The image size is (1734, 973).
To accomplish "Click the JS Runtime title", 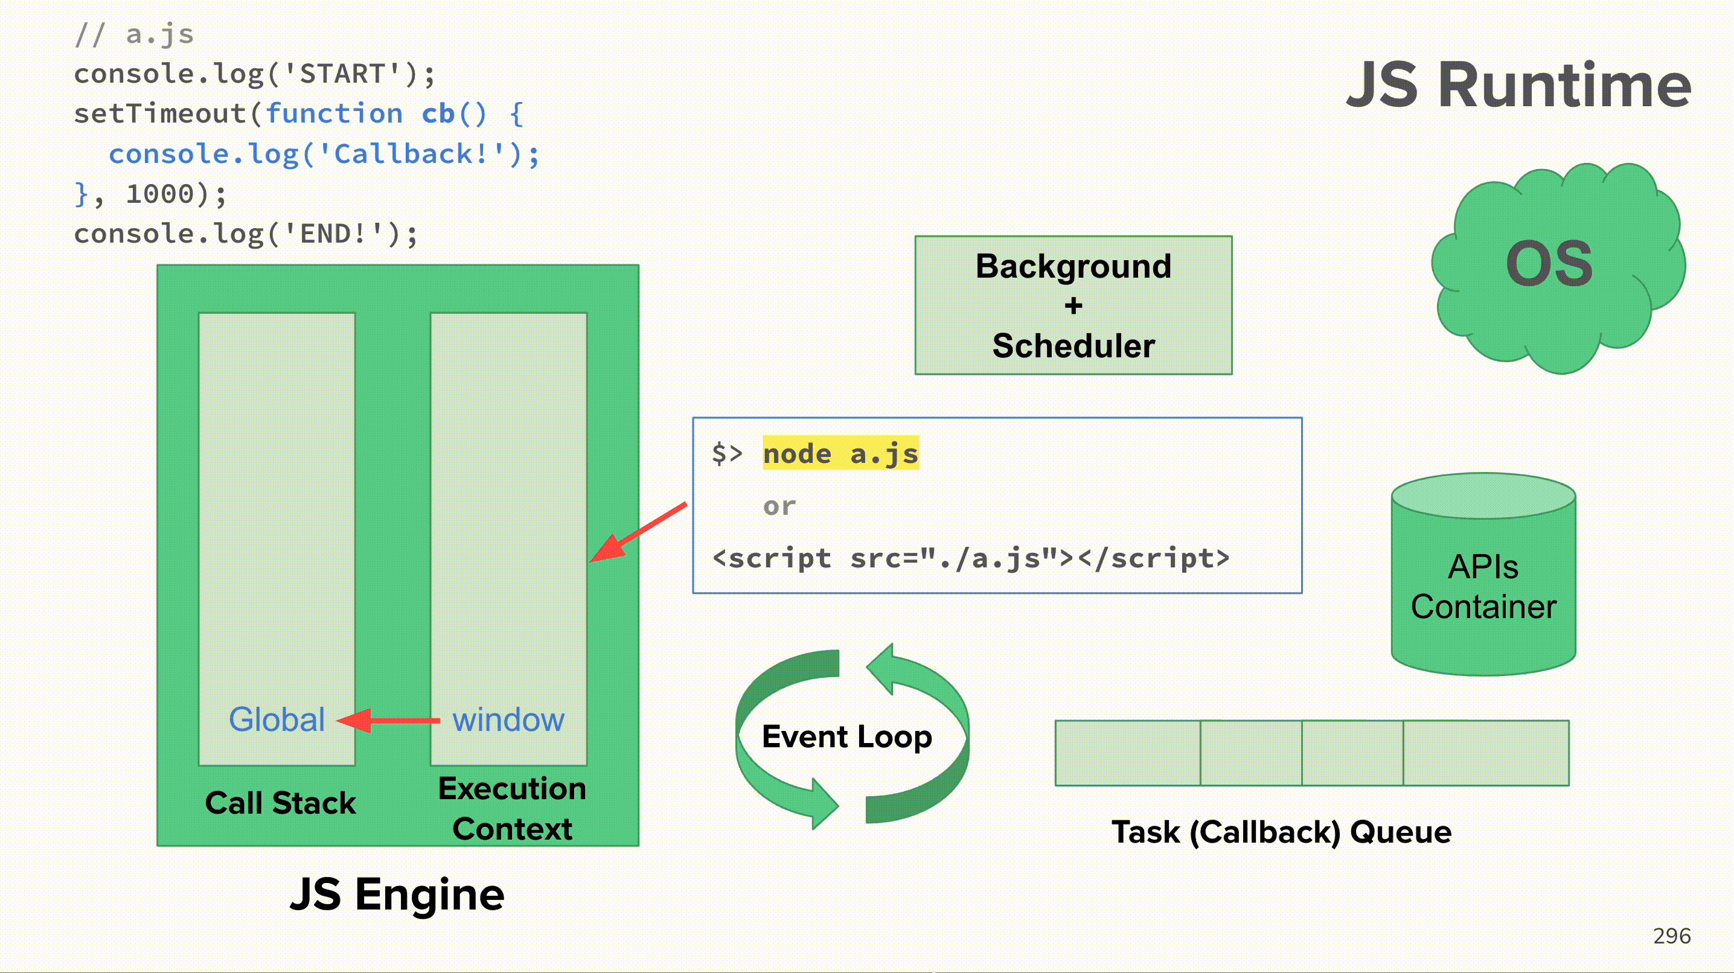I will coord(1518,86).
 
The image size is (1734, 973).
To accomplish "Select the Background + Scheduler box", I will coord(1073,305).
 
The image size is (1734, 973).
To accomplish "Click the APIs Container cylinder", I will coord(1483,585).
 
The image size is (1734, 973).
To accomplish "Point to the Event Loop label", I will coord(846,737).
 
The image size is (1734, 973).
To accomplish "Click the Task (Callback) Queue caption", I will coord(1281,832).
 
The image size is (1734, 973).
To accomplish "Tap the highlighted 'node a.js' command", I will coord(840,453).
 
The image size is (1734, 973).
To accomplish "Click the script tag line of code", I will coord(971,558).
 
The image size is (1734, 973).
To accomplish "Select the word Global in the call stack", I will coord(277,719).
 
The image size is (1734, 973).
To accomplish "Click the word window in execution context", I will coord(508,720).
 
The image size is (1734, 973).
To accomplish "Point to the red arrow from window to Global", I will coord(388,721).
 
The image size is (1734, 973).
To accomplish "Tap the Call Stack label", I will coord(280,803).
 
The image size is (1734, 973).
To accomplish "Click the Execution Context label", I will coord(511,808).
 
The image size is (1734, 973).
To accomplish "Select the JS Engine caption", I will coord(397,895).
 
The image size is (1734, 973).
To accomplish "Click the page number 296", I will coord(1671,936).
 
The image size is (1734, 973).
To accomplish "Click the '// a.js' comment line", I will coord(134,34).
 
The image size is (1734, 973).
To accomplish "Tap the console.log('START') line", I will coord(254,74).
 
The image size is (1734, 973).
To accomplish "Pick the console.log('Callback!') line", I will coord(324,154).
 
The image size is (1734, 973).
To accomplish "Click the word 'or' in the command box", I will coord(779,506).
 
